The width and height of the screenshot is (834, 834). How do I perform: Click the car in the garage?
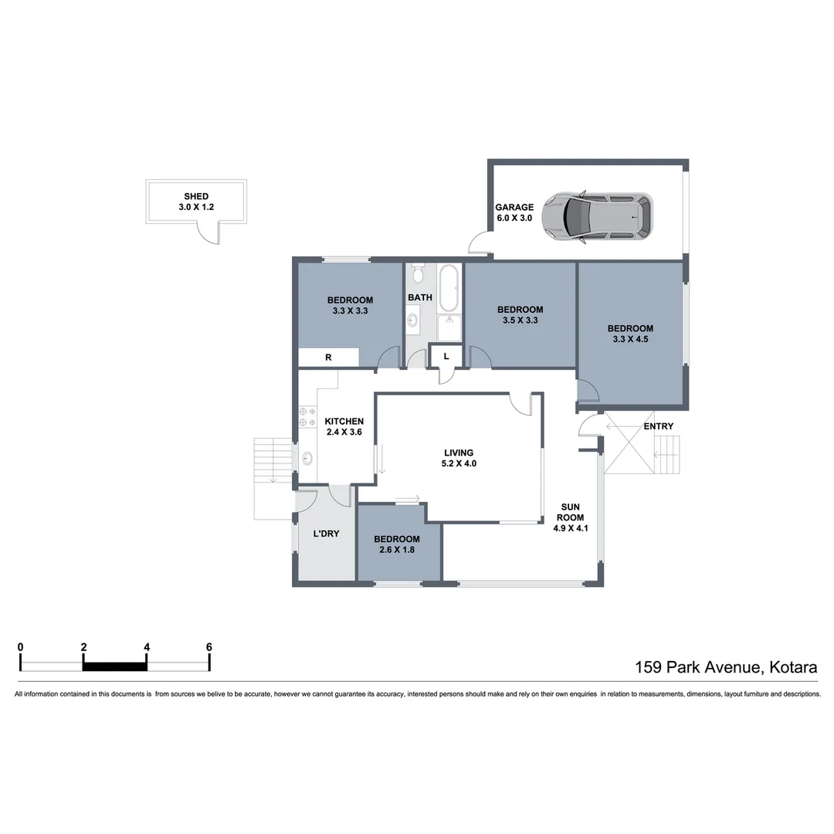coord(596,218)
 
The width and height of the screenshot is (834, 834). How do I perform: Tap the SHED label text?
coord(196,196)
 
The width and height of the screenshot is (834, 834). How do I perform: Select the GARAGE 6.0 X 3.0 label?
coord(514,212)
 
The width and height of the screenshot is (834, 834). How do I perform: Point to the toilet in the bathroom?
coord(418,273)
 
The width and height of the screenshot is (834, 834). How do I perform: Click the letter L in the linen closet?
coord(446,356)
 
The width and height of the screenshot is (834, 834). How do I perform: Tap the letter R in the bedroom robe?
coord(328,358)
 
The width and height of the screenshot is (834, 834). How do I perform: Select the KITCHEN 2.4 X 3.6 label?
coord(344,426)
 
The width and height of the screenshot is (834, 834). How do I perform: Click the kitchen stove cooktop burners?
coord(307,417)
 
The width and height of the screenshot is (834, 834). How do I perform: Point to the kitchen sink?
coord(307,459)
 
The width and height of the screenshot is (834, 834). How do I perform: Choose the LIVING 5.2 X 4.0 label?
coord(459,459)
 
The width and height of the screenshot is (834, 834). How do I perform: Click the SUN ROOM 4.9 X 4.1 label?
coord(572,518)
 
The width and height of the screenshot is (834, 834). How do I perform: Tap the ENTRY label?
coord(658,426)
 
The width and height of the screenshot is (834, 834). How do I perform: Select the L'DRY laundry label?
coord(326,534)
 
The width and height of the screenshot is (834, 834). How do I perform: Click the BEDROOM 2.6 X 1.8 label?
coord(397,544)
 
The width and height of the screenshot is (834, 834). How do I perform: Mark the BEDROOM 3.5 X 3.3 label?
coord(520,314)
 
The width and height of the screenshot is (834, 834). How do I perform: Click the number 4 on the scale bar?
coord(146,647)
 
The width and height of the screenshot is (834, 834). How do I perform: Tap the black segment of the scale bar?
coord(114,666)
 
